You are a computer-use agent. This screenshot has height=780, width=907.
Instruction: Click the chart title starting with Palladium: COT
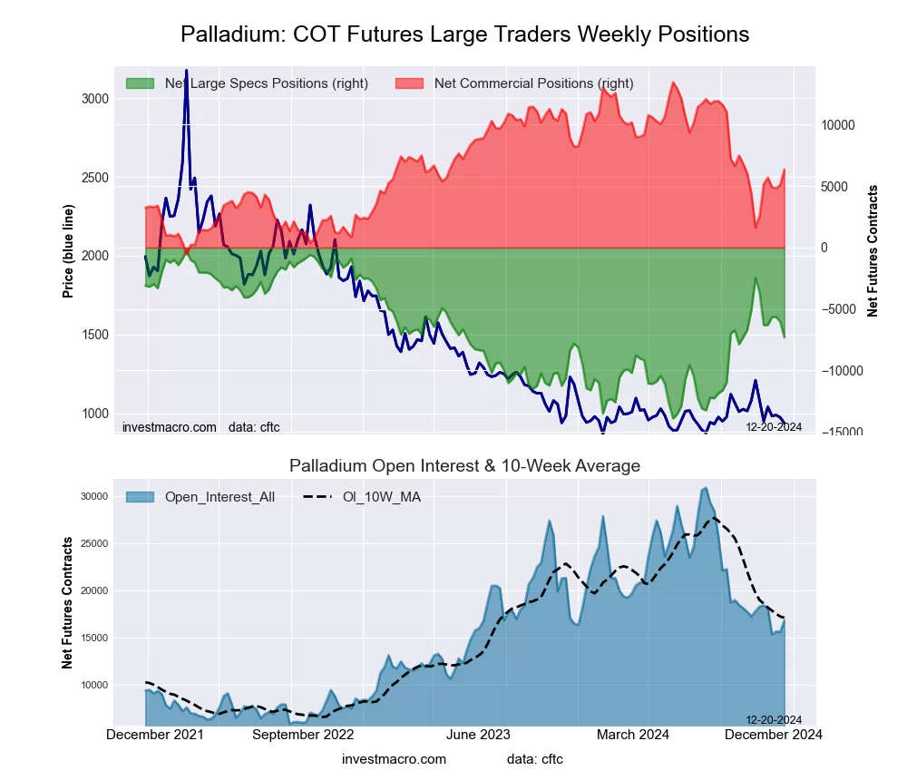[464, 34]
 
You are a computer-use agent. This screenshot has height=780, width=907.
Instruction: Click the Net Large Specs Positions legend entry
[266, 83]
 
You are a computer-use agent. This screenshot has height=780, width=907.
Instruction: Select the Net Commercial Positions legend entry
[533, 83]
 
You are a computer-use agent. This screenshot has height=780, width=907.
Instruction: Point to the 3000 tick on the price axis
[94, 99]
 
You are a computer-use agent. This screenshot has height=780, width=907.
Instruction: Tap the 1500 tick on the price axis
[94, 335]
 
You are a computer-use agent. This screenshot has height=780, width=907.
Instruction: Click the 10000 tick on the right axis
[840, 125]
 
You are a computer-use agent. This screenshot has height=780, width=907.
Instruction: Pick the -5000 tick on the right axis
[840, 309]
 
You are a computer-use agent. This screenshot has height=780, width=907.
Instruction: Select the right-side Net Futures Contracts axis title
[873, 250]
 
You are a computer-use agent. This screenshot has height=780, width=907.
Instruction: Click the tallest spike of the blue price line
[187, 70]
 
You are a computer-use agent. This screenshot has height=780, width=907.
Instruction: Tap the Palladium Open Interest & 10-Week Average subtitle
[464, 466]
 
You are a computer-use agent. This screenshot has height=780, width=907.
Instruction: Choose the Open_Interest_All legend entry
[219, 496]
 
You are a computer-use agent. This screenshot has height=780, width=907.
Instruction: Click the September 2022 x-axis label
[303, 735]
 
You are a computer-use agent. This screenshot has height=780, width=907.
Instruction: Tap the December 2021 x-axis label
[155, 735]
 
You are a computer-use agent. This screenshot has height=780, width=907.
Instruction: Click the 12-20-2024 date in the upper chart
[774, 426]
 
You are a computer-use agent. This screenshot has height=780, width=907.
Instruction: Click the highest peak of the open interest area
[706, 488]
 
